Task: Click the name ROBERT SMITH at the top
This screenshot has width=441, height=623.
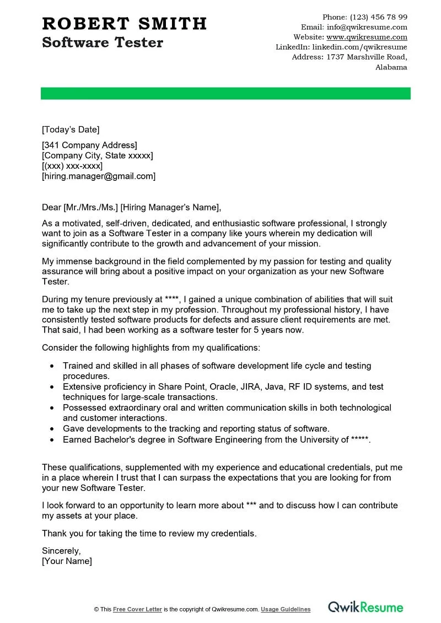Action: (124, 24)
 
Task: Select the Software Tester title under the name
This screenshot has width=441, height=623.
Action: (103, 42)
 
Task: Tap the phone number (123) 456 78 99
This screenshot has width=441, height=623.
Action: (379, 17)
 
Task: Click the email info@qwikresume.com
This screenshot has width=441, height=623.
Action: (367, 27)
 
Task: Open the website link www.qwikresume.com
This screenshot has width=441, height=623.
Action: (367, 37)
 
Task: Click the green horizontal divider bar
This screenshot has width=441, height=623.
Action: (225, 93)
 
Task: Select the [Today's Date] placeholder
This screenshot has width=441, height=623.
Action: (71, 130)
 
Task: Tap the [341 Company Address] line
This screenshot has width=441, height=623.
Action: (89, 145)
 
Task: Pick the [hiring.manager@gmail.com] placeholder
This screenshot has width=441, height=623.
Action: (99, 176)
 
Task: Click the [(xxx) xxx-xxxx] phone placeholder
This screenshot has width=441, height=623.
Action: (72, 166)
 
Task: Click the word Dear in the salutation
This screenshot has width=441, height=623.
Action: (51, 207)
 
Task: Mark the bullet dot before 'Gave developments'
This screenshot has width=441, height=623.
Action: (52, 429)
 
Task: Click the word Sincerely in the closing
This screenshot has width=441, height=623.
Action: (61, 551)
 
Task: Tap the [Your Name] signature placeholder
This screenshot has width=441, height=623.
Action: (67, 561)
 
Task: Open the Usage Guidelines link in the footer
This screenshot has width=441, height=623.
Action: (286, 609)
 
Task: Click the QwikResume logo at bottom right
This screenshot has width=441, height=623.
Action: (365, 608)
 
